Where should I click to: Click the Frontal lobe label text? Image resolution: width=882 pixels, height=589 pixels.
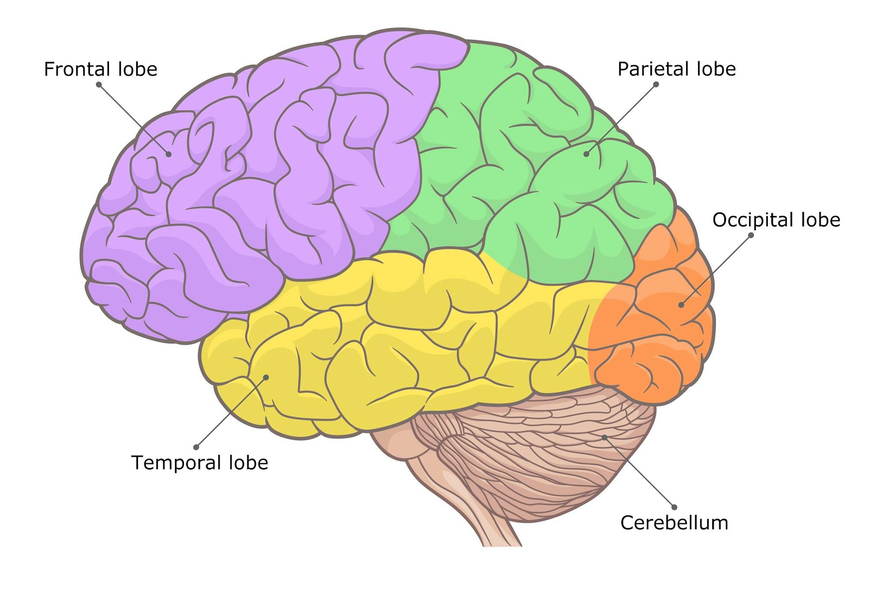(101, 69)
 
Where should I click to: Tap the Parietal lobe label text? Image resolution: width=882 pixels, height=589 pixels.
(676, 69)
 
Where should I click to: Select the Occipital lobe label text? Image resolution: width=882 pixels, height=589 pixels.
(776, 220)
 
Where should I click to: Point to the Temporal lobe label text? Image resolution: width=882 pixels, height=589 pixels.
(199, 462)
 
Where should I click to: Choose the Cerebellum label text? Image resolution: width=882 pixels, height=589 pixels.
(674, 523)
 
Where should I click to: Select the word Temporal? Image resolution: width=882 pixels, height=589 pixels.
(175, 462)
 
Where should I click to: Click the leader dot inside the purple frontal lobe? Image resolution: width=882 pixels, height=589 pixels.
(168, 154)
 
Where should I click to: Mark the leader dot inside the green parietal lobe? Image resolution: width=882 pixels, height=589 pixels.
(586, 154)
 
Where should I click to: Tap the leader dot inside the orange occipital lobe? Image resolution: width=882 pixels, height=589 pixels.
(681, 305)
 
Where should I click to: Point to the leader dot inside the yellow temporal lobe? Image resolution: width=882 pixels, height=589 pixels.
(266, 377)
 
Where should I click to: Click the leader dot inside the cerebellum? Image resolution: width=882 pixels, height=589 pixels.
(605, 437)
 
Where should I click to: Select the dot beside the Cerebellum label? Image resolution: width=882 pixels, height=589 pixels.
(674, 507)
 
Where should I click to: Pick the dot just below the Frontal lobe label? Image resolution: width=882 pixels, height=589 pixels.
(99, 84)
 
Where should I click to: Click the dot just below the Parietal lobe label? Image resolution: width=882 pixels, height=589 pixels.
(656, 84)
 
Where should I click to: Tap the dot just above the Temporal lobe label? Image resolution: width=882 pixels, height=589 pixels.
(196, 447)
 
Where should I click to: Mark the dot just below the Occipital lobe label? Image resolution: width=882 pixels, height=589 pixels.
(751, 235)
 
